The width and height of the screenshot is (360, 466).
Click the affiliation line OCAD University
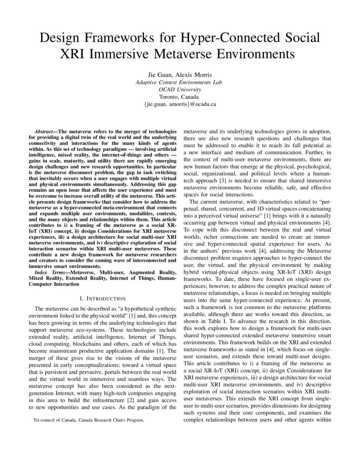180,89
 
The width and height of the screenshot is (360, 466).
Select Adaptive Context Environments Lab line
180,82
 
